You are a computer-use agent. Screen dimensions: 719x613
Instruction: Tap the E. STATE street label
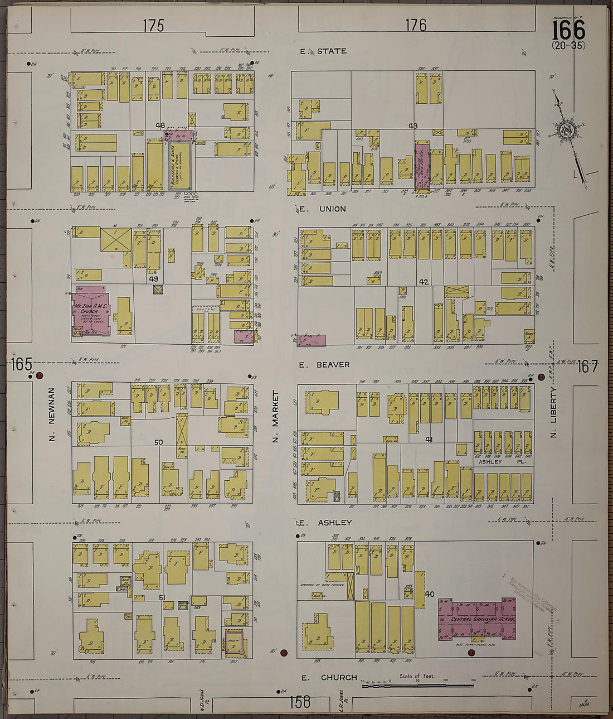coord(323,51)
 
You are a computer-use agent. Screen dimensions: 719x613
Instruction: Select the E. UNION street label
coord(323,209)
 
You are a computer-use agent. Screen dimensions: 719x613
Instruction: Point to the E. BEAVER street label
coord(324,365)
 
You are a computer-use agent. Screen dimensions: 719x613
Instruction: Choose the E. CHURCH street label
coord(329,678)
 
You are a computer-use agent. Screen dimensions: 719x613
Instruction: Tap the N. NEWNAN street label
coord(51,413)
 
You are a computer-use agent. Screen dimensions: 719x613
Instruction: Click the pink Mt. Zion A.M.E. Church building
coord(91,310)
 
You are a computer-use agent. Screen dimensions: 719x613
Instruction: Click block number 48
coord(161,126)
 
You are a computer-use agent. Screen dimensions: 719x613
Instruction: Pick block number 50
coord(159,442)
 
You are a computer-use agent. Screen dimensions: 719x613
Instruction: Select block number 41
coord(429,440)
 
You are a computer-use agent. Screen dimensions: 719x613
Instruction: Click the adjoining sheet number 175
coord(153,25)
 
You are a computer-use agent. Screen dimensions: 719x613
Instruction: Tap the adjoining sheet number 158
coord(299,701)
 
